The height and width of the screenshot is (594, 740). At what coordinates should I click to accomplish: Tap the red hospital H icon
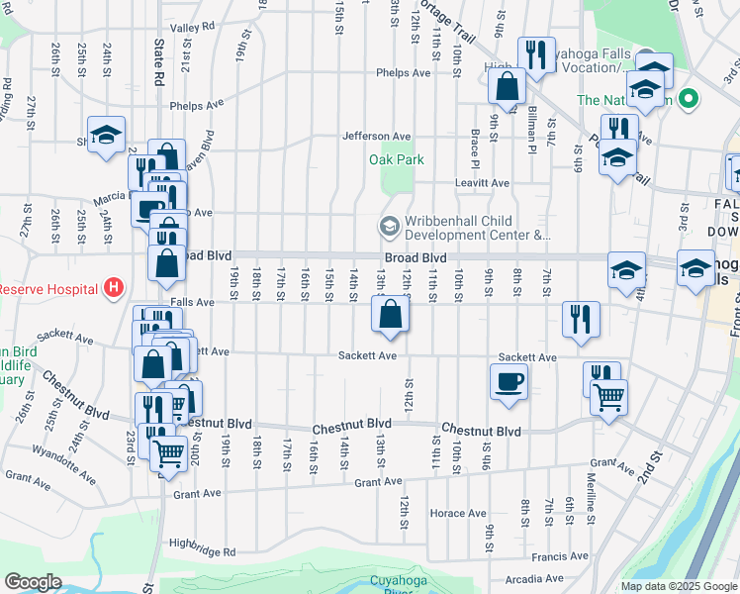tap(115, 288)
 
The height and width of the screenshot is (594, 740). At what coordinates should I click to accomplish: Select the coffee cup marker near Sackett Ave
tap(509, 381)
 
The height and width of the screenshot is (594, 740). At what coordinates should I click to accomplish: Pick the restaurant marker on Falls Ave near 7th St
tap(581, 319)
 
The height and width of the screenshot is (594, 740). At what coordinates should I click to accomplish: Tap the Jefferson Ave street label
tap(376, 137)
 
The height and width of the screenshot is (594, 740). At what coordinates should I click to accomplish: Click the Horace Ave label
tap(458, 514)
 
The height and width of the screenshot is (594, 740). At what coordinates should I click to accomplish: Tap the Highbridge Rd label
tap(203, 545)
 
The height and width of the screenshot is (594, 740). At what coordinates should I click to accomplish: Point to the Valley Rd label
tap(192, 28)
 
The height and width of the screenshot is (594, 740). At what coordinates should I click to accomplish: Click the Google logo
tap(33, 582)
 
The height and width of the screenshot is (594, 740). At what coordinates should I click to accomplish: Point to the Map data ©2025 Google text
tap(679, 586)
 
